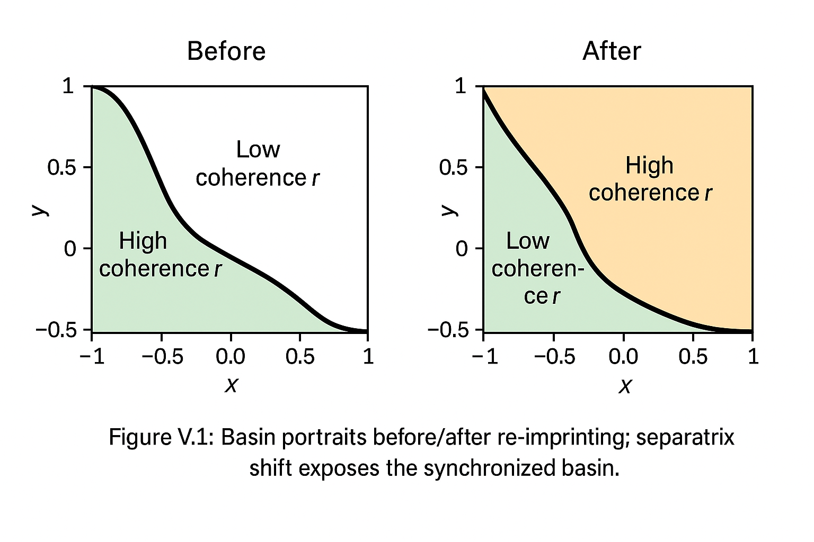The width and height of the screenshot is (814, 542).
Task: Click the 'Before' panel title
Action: pyautogui.click(x=226, y=51)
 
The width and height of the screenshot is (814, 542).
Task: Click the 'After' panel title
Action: pyautogui.click(x=612, y=51)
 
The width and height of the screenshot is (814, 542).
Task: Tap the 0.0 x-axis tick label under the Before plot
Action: pyautogui.click(x=231, y=356)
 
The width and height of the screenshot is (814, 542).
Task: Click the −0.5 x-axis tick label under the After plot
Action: pyautogui.click(x=554, y=356)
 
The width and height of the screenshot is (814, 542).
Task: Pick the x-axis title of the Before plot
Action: pyautogui.click(x=231, y=385)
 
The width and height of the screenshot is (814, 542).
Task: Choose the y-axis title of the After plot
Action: pyautogui.click(x=449, y=210)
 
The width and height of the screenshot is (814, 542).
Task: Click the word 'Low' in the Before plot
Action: pyautogui.click(x=258, y=149)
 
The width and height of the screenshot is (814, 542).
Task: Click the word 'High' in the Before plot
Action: pyautogui.click(x=143, y=241)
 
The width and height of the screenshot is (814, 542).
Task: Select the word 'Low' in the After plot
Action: pyautogui.click(x=528, y=241)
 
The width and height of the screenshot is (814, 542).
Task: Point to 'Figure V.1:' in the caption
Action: pyautogui.click(x=161, y=437)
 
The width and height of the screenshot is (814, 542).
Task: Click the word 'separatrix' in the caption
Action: pyautogui.click(x=685, y=437)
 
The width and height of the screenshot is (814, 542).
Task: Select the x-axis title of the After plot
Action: pyautogui.click(x=625, y=386)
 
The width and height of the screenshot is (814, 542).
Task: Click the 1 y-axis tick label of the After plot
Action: pyautogui.click(x=460, y=86)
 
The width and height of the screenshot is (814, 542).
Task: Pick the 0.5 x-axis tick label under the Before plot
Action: pyautogui.click(x=299, y=356)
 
